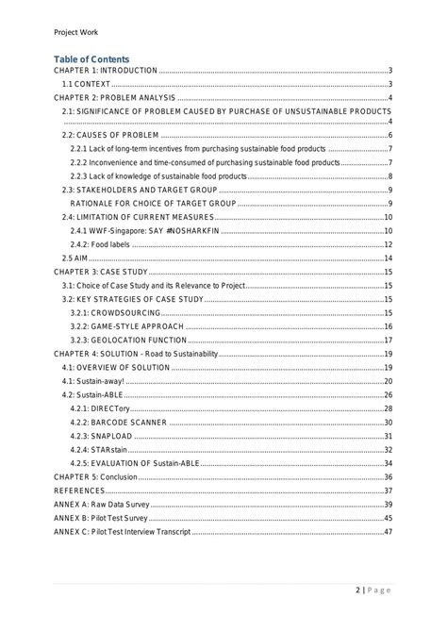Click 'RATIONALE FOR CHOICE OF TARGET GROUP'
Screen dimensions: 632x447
coord(142,204)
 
